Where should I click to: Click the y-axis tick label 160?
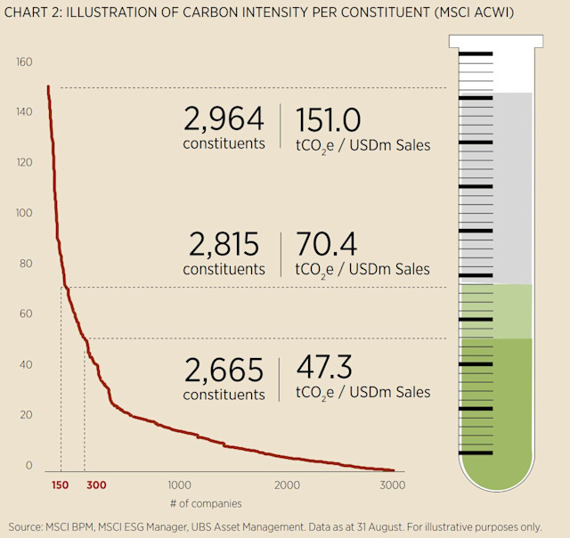23,62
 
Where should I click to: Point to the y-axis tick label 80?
23,264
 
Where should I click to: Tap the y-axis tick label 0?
28,465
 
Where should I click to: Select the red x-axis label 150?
60,485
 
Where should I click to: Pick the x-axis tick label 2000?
288,485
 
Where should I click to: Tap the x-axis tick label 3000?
393,485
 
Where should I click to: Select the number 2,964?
224,118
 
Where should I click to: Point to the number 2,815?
224,243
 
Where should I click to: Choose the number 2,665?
224,369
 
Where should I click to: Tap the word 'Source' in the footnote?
27,526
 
